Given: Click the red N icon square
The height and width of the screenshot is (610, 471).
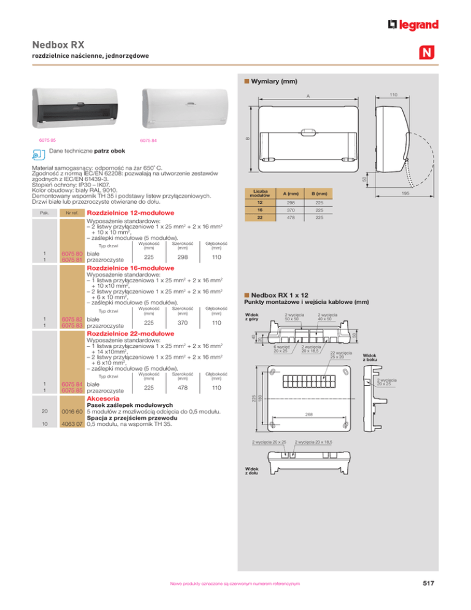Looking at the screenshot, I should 427,53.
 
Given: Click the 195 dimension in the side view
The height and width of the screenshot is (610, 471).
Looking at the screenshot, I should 424,194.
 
